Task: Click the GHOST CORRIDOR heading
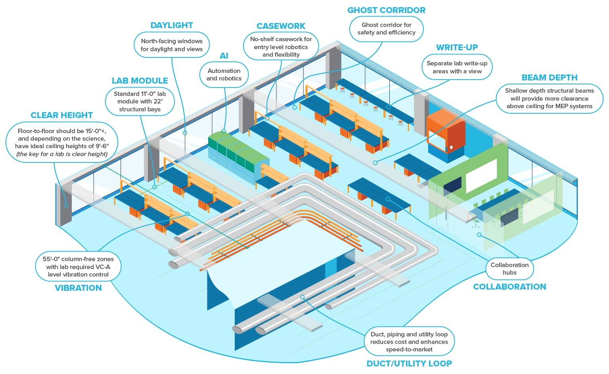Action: [x=386, y=10]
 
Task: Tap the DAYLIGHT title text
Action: [x=172, y=25]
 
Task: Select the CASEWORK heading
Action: [x=281, y=26]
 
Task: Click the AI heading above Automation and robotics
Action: [x=224, y=56]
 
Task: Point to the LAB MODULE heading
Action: [x=140, y=81]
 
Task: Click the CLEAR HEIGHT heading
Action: [x=62, y=115]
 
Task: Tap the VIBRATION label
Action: [x=78, y=288]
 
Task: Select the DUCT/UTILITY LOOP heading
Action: [x=409, y=363]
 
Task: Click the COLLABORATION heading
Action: [x=509, y=287]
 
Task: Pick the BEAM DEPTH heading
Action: [x=550, y=78]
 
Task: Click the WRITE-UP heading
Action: [x=457, y=48]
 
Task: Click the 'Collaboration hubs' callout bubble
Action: [x=509, y=269]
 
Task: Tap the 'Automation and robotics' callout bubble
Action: [x=224, y=75]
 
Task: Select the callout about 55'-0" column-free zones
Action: [x=78, y=267]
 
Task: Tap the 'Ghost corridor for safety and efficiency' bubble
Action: [x=386, y=29]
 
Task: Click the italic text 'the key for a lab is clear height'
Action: [x=62, y=154]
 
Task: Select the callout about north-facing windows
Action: [x=172, y=45]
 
